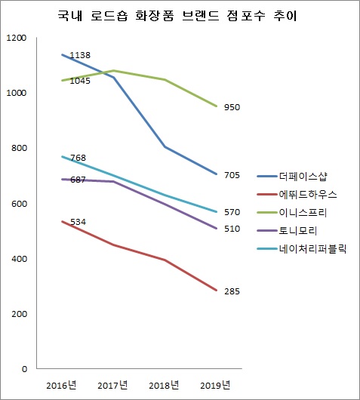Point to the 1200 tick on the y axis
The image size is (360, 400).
pos(15,38)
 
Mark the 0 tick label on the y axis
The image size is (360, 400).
pos(24,369)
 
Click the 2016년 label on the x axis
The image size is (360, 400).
pos(60,386)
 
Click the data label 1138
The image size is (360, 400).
pos(79,56)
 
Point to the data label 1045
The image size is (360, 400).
pos(79,81)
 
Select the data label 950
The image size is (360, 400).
pos(232,108)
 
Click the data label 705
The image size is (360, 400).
pos(232,175)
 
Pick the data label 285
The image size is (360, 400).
pos(232,291)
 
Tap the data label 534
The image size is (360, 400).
pos(77,222)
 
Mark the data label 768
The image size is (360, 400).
pos(77,158)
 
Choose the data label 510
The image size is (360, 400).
pos(232,229)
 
